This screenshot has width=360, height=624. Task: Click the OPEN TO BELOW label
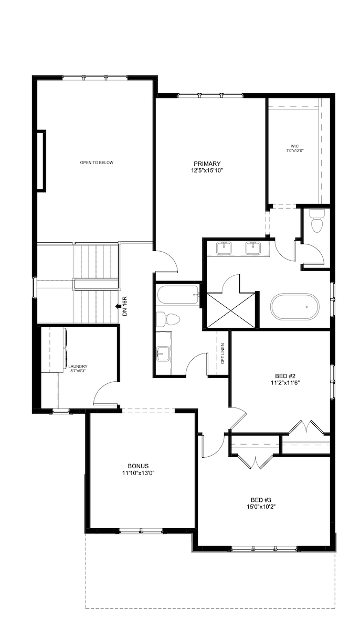pyautogui.click(x=97, y=163)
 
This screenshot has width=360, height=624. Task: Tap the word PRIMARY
pyautogui.click(x=206, y=163)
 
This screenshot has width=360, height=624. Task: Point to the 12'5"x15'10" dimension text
pyautogui.click(x=208, y=170)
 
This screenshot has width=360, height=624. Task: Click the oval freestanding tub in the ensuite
pyautogui.click(x=294, y=306)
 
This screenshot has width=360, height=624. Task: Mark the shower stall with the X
pyautogui.click(x=231, y=310)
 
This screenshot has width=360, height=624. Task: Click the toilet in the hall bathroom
pyautogui.click(x=168, y=319)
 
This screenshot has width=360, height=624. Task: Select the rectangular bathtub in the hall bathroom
pyautogui.click(x=178, y=295)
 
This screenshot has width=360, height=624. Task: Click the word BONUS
pyautogui.click(x=139, y=466)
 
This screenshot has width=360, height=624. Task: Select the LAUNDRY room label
pyautogui.click(x=77, y=366)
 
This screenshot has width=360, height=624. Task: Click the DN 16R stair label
pyautogui.click(x=125, y=306)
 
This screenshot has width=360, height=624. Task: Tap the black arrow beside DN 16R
pyautogui.click(x=118, y=306)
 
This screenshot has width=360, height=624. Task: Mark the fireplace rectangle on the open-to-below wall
pyautogui.click(x=41, y=161)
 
